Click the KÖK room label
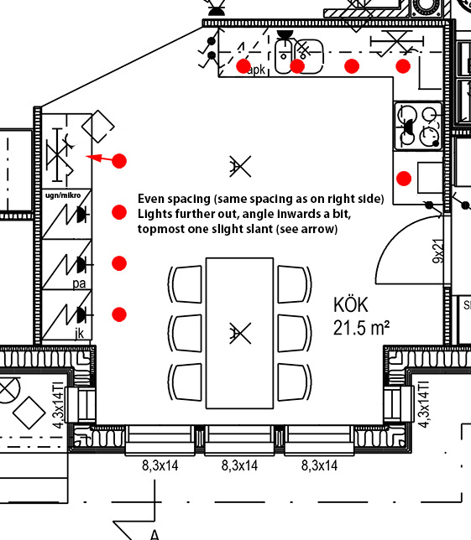pos(351,304)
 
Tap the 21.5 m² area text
pos(361,328)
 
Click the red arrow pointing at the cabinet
pos(99,158)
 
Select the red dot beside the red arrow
pos(119,161)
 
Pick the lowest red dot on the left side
pos(119,314)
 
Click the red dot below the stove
pos(404,179)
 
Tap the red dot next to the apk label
pos(243,66)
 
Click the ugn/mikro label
pos(63,195)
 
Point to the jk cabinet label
pos(79,333)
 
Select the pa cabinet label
pos(79,283)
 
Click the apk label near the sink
pos(257,70)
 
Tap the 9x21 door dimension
pos(438,252)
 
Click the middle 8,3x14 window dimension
pos(239,465)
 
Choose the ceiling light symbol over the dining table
pos(240,333)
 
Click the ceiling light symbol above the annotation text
pos(240,166)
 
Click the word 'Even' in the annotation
pos(151,199)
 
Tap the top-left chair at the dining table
pos(186,284)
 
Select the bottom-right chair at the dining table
pos(295,382)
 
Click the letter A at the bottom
pos(154,535)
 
